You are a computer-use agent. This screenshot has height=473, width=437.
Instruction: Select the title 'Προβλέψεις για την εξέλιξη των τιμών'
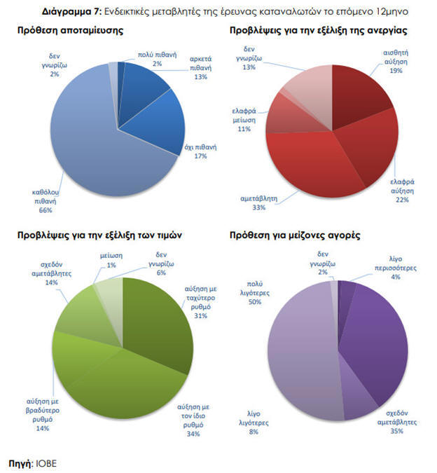pos(99,236)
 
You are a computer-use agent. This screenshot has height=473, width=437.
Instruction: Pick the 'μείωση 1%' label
pos(111,261)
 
